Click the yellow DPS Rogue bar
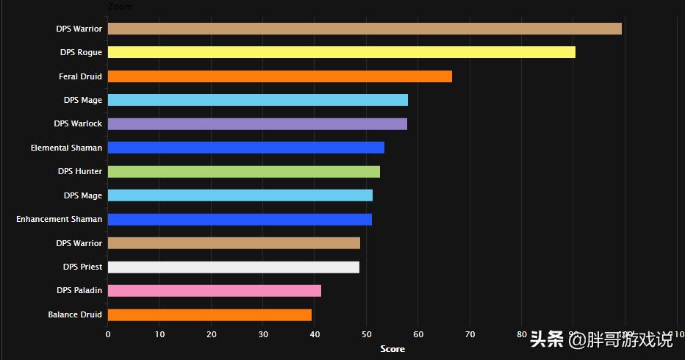342,52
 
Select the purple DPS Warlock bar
257,123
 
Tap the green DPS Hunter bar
244,171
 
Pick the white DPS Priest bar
234,267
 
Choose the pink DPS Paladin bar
215,290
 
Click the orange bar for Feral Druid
280,76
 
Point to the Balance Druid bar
209,314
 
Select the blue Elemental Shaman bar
246,148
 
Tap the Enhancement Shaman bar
240,219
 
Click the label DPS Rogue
81,52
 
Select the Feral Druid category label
80,76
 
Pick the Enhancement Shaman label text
59,219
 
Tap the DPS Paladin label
79,290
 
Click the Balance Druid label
75,314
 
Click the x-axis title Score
392,349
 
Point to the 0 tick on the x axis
108,335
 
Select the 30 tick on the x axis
263,335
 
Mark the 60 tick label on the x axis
418,335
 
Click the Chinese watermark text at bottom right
600,339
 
